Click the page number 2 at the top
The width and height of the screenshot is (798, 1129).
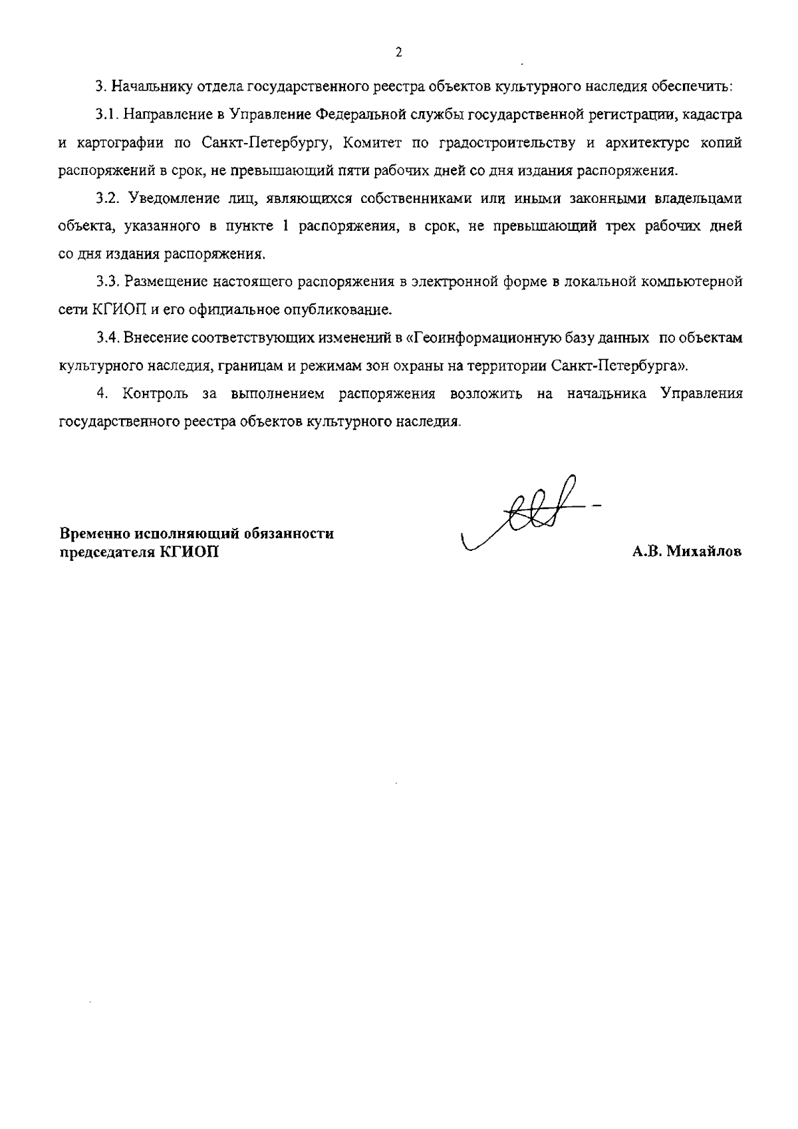(398, 53)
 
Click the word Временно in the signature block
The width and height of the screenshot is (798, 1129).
(92, 534)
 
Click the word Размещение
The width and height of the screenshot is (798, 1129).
(166, 282)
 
